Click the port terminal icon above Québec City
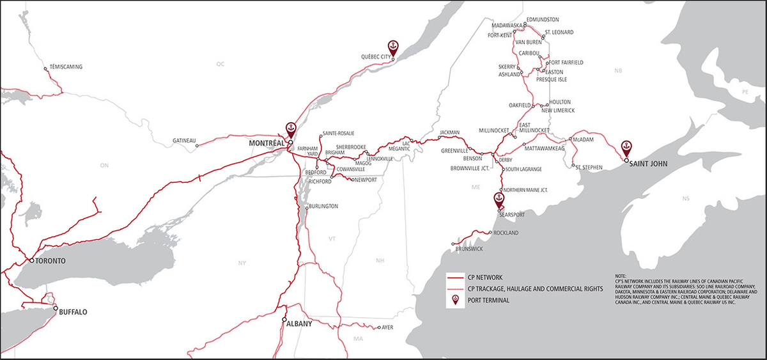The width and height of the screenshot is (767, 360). coord(394,47)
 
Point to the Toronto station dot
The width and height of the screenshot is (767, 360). coord(31,261)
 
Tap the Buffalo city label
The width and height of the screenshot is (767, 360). coord(73,313)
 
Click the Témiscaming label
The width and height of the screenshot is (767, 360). coord(66,67)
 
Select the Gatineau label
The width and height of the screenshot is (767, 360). coord(184,141)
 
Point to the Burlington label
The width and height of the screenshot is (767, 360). coord(323,207)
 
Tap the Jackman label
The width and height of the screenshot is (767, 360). coord(449,132)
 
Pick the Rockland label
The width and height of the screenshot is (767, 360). coord(506,233)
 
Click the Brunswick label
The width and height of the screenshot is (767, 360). coord(470,248)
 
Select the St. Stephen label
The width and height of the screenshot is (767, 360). coord(589,168)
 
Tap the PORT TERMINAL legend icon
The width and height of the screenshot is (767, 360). coord(454,299)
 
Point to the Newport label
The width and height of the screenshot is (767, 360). coord(366,180)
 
